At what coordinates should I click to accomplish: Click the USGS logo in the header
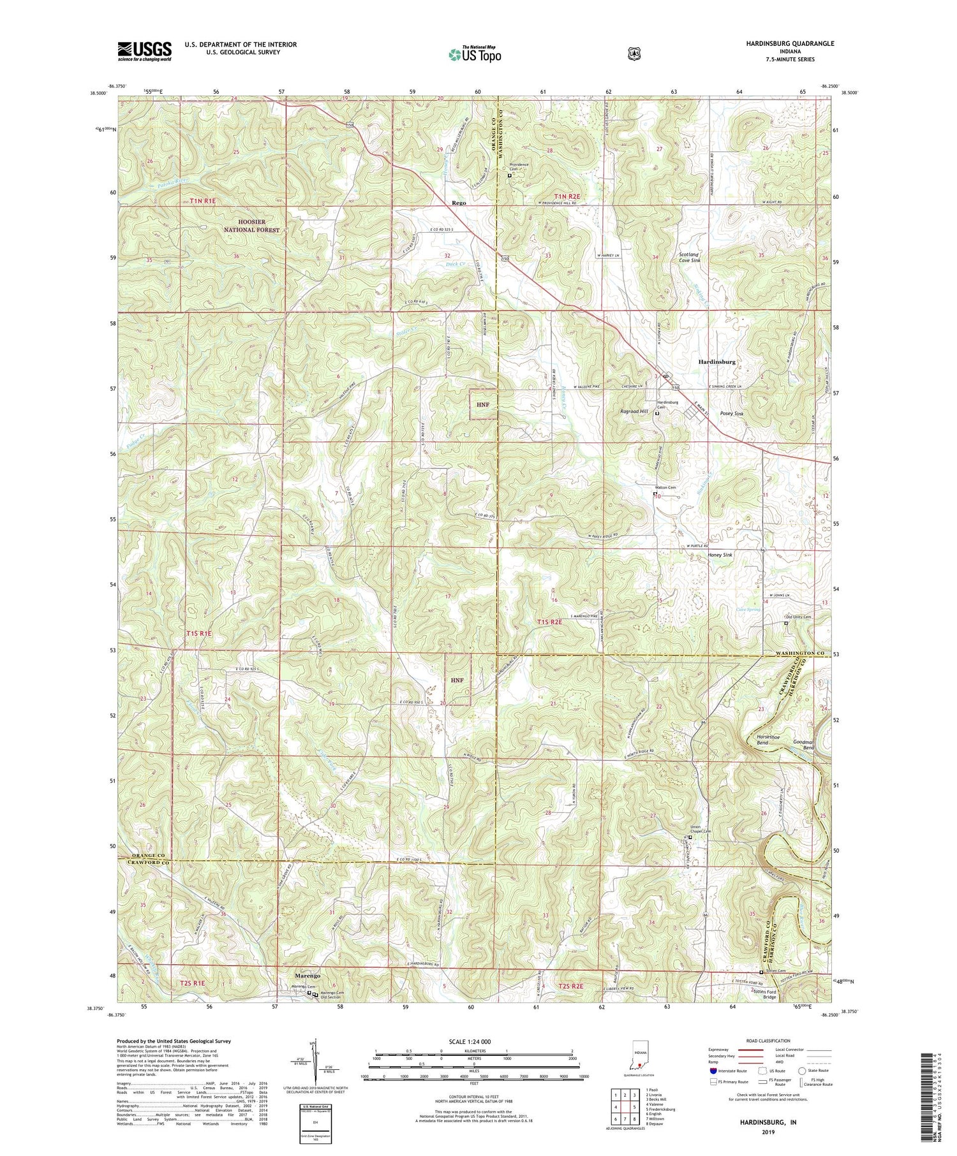pos(144,50)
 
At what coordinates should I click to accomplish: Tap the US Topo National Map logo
pos(475,54)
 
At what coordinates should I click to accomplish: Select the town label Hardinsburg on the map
pos(717,362)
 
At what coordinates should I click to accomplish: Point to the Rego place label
pos(458,203)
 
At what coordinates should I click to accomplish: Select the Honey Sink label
pos(720,555)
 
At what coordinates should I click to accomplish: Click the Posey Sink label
pos(731,414)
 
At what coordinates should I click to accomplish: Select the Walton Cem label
pos(665,488)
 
